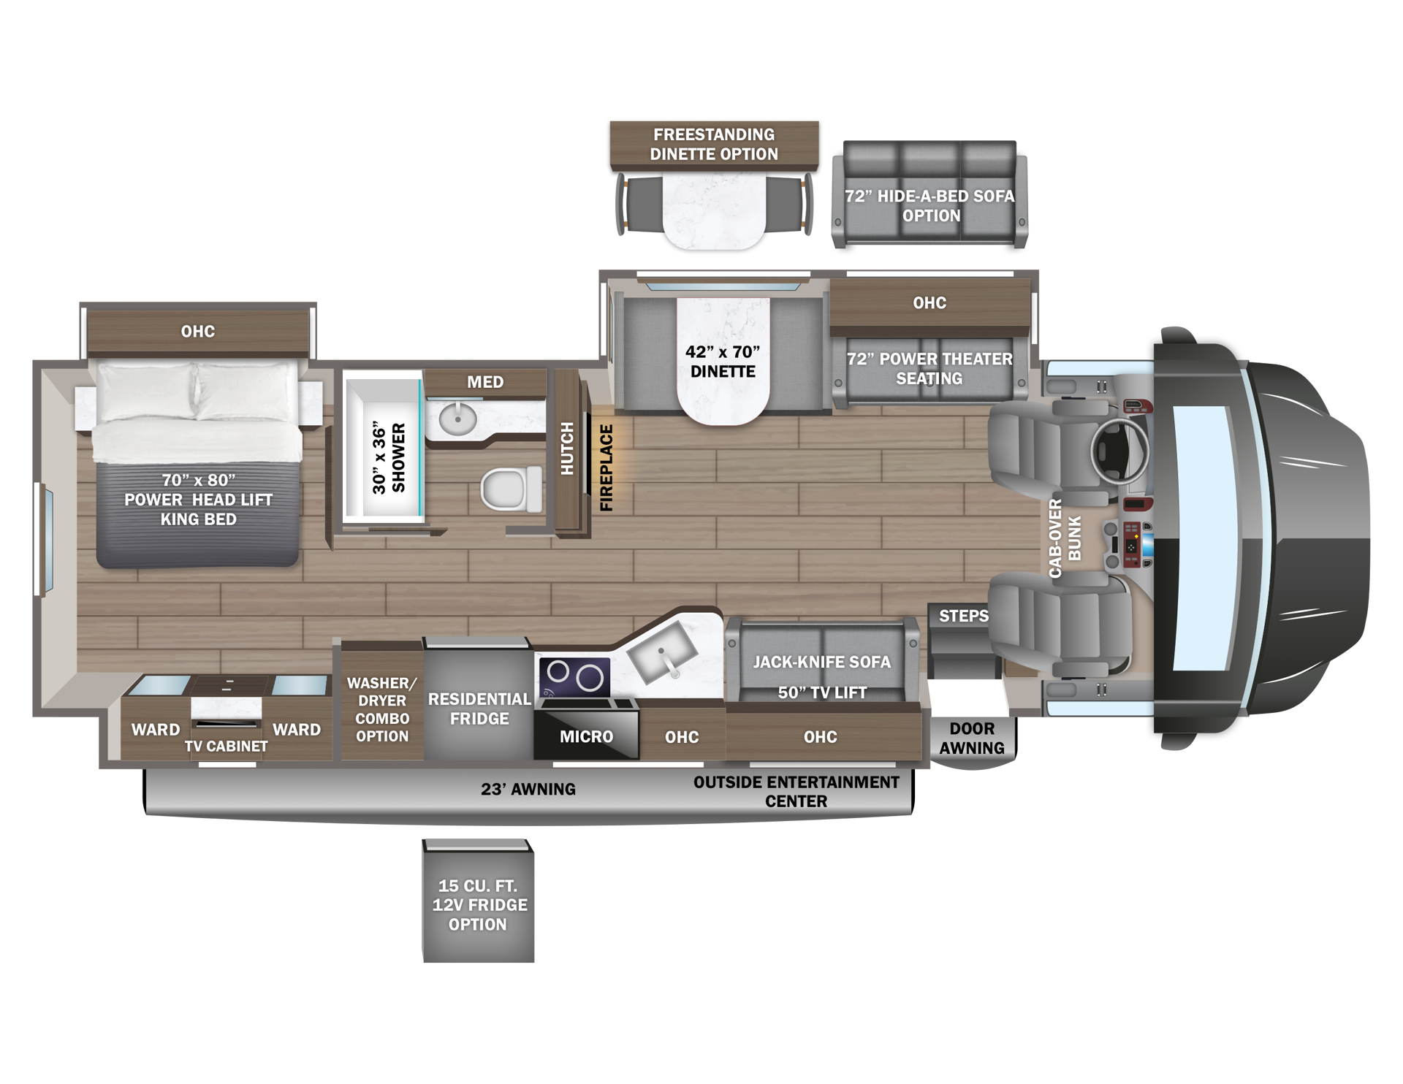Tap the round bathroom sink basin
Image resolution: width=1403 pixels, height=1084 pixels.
(x=457, y=419)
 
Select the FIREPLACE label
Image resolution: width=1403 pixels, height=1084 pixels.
(x=607, y=467)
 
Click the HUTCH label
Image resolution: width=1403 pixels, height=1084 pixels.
(x=567, y=449)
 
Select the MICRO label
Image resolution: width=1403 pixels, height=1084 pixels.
(x=587, y=736)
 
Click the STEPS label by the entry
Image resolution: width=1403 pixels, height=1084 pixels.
(x=964, y=616)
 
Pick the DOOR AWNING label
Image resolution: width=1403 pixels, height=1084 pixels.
(x=972, y=738)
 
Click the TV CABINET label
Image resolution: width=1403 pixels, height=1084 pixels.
(x=226, y=746)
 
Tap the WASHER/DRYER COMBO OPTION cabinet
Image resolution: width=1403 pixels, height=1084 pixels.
(x=381, y=701)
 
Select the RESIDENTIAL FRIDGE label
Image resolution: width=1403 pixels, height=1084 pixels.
(x=479, y=709)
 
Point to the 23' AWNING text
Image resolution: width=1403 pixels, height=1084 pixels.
(x=528, y=789)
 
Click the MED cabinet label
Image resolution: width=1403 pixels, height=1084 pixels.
(x=485, y=382)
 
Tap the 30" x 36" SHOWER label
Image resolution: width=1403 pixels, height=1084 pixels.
(x=388, y=458)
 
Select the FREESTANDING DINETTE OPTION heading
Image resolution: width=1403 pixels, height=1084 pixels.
(x=714, y=144)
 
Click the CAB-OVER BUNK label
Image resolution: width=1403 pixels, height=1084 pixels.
(x=1065, y=539)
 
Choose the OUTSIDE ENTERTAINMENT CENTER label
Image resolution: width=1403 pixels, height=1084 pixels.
(x=796, y=791)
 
